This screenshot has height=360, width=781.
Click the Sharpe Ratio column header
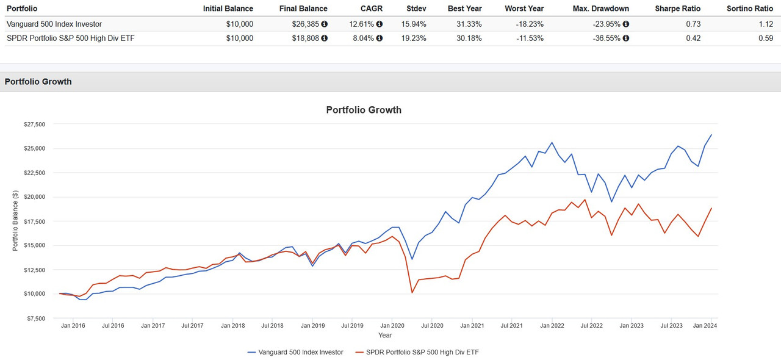677,9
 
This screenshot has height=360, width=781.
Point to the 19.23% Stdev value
416,38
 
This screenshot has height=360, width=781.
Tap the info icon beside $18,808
325,38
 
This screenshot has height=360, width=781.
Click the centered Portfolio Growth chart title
364,110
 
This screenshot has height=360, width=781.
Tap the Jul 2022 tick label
591,326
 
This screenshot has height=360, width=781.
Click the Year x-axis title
385,336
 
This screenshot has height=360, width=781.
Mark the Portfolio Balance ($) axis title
15,221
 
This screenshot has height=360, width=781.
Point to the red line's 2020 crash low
412,293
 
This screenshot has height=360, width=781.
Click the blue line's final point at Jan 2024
711,135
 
